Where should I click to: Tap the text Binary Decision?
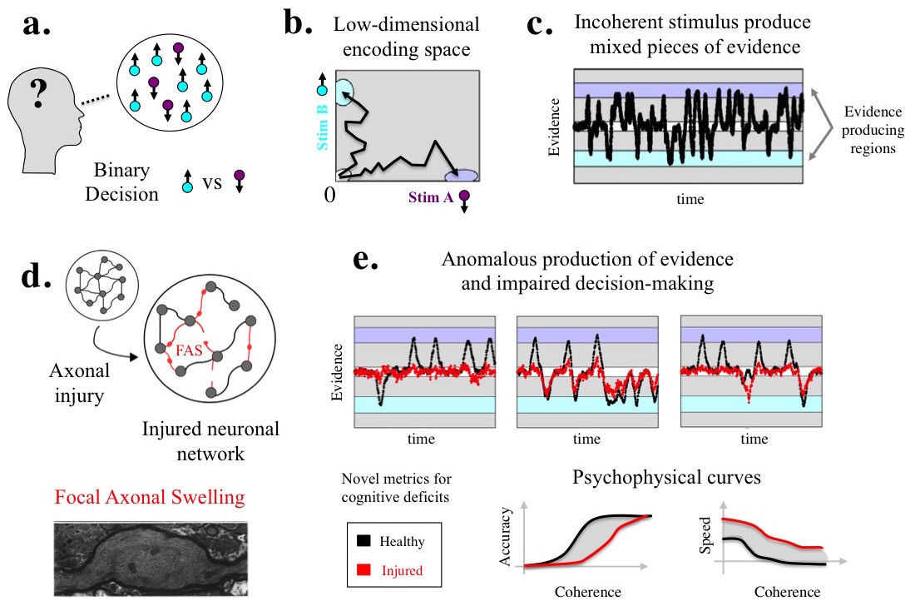tap(121, 183)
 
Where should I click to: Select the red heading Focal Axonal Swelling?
tap(151, 499)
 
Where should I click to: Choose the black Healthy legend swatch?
tap(364, 541)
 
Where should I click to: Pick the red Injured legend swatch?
tap(364, 570)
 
